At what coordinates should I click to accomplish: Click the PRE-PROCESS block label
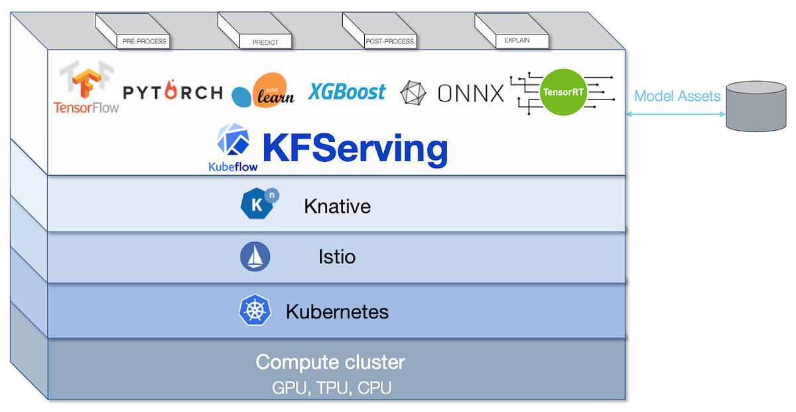tap(144, 42)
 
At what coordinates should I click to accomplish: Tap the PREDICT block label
tap(265, 42)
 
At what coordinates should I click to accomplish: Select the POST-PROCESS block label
tap(390, 41)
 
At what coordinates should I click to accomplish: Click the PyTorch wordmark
tap(172, 92)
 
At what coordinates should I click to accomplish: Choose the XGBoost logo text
tap(347, 91)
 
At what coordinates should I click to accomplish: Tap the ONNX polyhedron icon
tap(414, 93)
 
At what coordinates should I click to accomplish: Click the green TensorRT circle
tap(563, 92)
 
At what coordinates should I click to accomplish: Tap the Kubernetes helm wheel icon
tap(255, 310)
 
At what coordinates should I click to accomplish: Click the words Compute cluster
tap(330, 362)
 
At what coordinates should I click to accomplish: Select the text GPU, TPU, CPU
tap(331, 387)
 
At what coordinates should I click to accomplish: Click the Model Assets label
tap(677, 96)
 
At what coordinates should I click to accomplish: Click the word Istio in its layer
tap(337, 256)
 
